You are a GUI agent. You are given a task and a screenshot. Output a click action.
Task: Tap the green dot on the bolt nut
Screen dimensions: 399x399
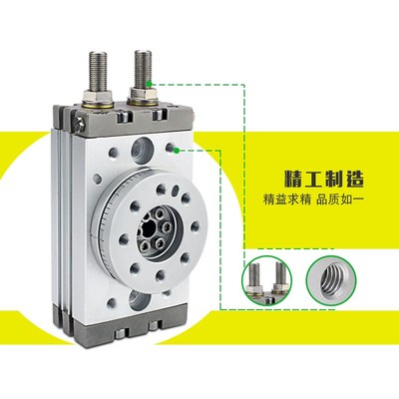[148, 81]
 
